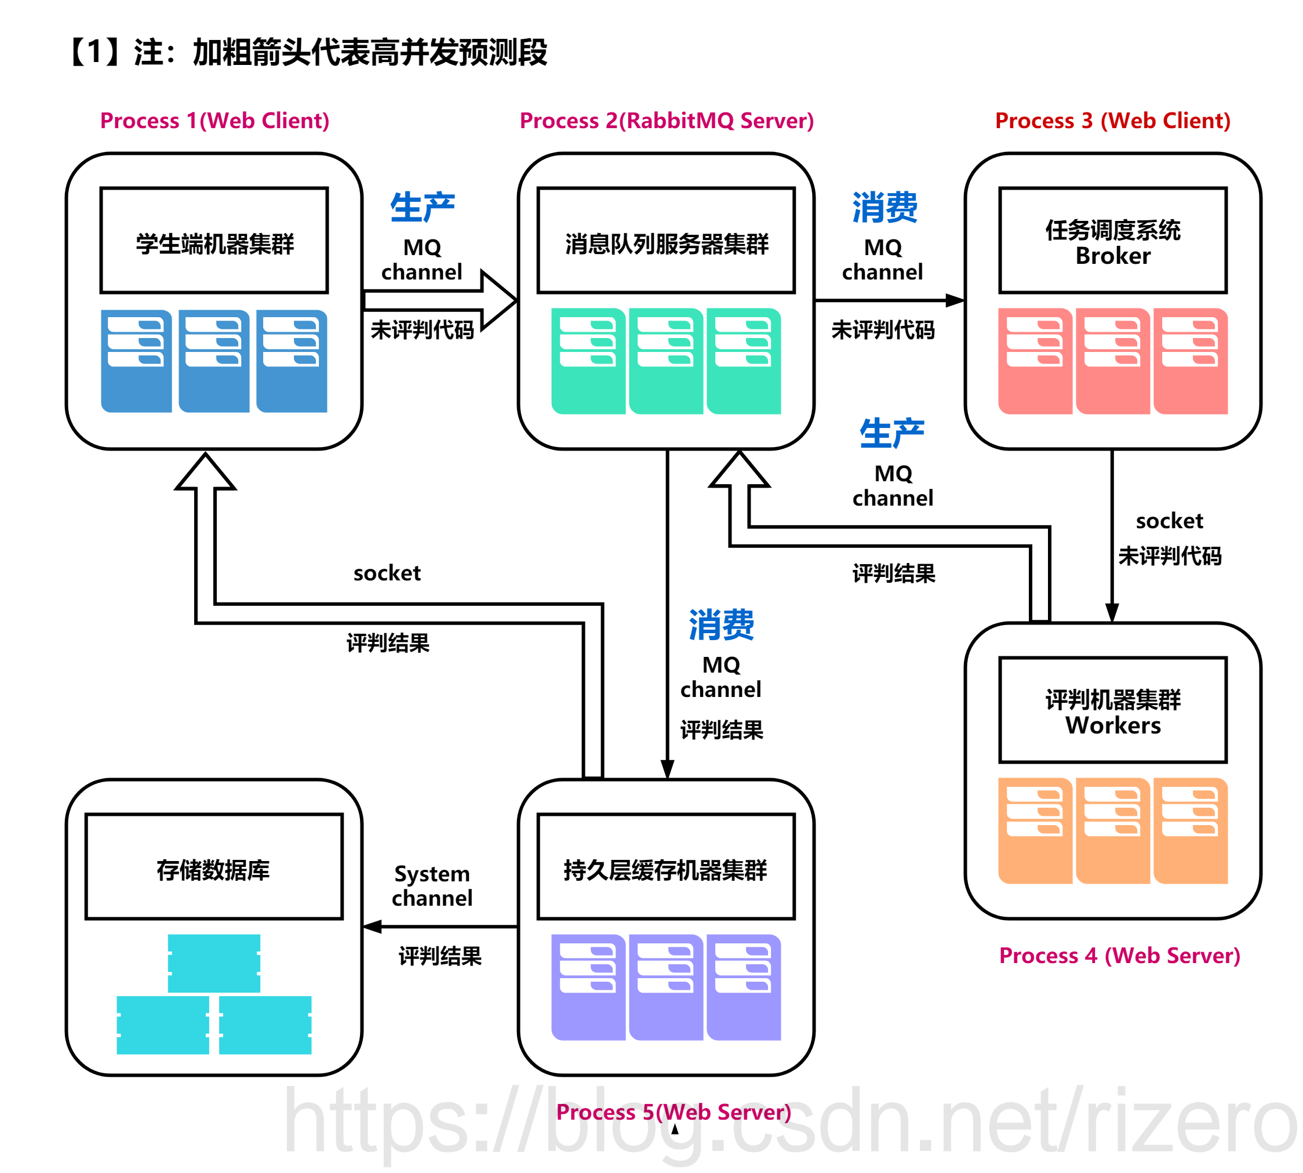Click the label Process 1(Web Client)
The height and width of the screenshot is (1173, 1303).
tap(214, 121)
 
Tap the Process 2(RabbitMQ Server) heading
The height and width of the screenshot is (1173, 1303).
tap(667, 121)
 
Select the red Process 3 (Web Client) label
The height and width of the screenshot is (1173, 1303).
tap(1112, 121)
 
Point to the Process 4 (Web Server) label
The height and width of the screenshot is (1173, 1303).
tap(1119, 955)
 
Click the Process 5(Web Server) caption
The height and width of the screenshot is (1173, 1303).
tap(673, 1112)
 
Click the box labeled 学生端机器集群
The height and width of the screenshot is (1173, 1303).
tap(214, 241)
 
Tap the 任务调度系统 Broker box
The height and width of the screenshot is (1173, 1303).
tap(1112, 241)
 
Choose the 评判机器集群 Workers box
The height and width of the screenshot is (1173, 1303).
tap(1112, 710)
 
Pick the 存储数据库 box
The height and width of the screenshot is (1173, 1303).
tap(214, 866)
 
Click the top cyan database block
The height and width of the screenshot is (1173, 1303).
tap(214, 963)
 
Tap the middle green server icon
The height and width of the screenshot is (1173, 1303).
tap(665, 361)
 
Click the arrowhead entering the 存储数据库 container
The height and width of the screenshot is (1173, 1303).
tap(373, 927)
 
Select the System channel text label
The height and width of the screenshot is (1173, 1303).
tap(432, 885)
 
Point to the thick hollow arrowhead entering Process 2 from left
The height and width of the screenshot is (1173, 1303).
tap(500, 300)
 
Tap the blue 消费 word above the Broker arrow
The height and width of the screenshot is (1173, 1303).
tap(884, 208)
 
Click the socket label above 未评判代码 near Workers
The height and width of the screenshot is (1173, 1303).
tap(1169, 520)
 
